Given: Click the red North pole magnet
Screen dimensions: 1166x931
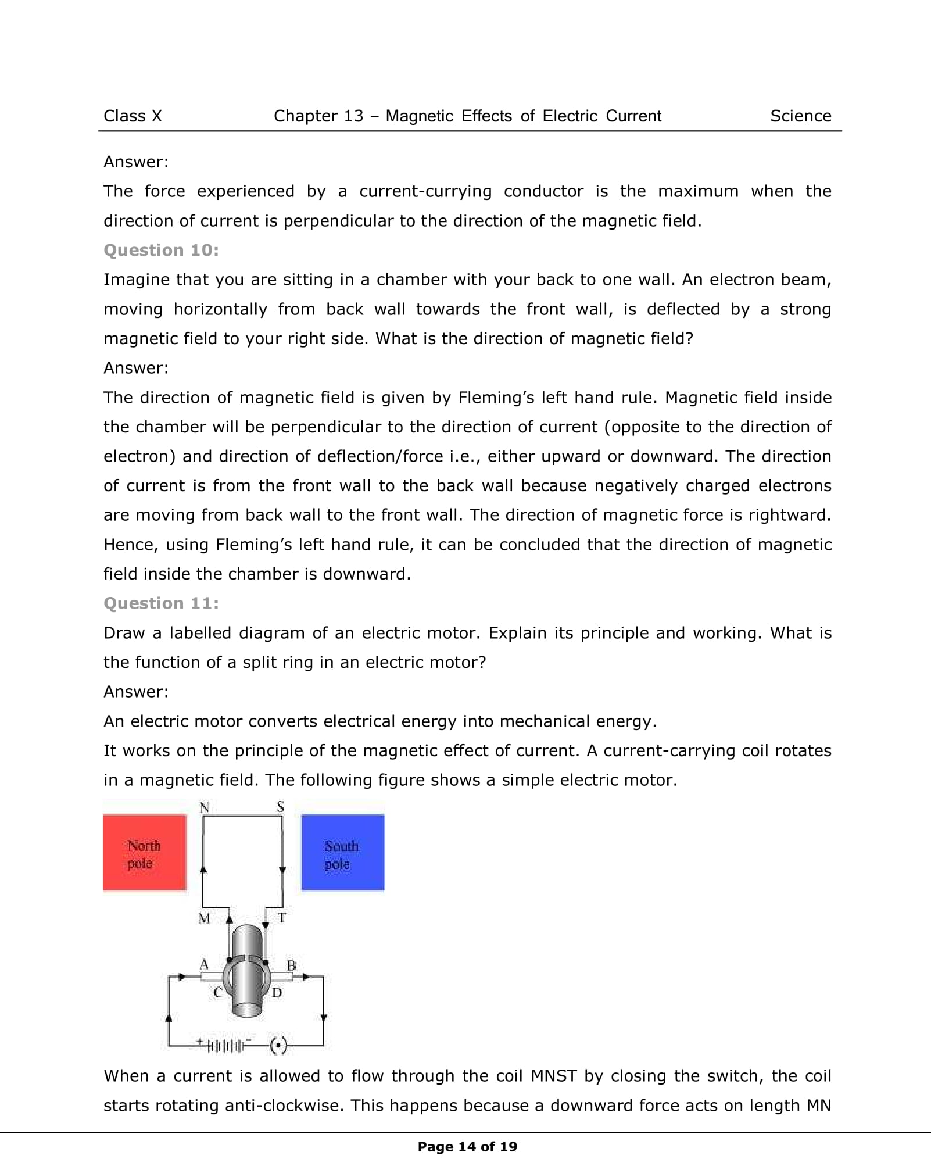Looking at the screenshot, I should tap(144, 852).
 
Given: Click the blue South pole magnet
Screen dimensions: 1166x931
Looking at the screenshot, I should tap(342, 852).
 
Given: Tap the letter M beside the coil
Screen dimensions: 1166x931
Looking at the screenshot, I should tap(204, 918).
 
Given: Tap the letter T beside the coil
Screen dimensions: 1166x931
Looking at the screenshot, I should tap(282, 918).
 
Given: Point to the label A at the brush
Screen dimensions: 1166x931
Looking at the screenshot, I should tap(204, 964).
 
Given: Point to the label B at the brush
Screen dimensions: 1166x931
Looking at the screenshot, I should tap(292, 965).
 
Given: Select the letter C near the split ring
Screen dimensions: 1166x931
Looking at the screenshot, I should tap(218, 992).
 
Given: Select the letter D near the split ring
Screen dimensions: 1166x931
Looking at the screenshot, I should tap(277, 992).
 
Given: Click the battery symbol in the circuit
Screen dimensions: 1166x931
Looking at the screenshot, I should tap(225, 1046).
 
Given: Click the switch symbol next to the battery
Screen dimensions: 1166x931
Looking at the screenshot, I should tap(279, 1046).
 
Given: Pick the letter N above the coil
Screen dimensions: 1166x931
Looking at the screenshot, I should tap(205, 807).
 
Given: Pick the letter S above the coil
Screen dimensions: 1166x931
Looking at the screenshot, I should tap(280, 807).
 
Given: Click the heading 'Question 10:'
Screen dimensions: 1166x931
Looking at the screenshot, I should tap(161, 250).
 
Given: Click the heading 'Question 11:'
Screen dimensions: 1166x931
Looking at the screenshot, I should tap(161, 603).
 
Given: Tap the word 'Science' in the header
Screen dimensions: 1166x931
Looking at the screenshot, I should tap(800, 116).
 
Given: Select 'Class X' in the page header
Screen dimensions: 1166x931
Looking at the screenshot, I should tap(133, 116).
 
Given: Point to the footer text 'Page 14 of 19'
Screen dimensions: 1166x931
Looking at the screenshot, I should tap(467, 1146).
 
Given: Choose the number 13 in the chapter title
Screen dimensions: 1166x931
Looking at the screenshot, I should tap(353, 116).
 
